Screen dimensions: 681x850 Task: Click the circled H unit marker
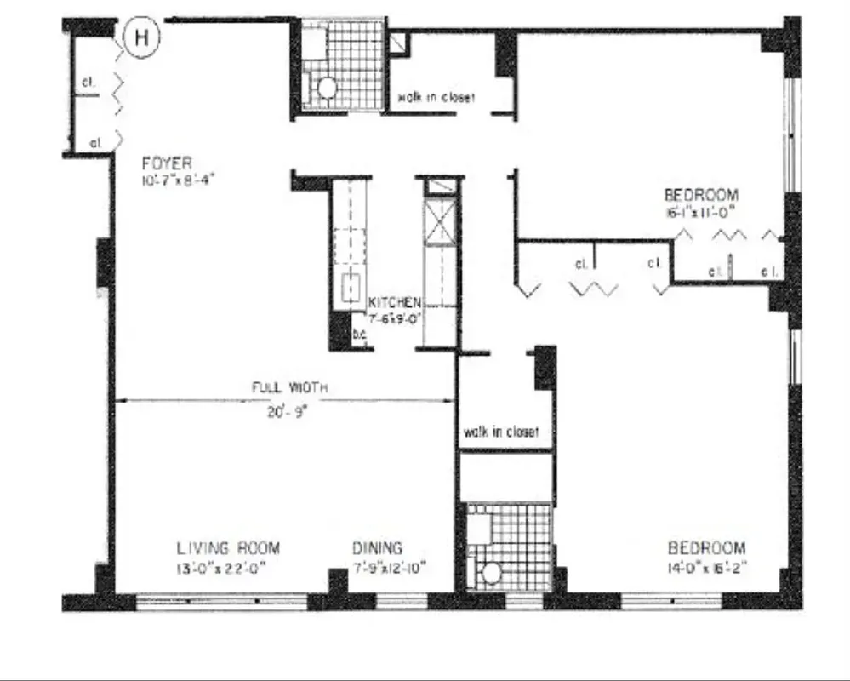pyautogui.click(x=142, y=37)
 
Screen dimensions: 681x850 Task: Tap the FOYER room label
pyautogui.click(x=167, y=163)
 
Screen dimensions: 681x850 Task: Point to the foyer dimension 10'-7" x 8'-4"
pyautogui.click(x=174, y=180)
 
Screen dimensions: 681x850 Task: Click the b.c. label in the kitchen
pyautogui.click(x=359, y=335)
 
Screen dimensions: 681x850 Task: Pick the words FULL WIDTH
pyautogui.click(x=289, y=387)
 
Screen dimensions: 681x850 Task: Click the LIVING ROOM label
pyautogui.click(x=228, y=548)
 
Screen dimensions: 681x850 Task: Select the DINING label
pyautogui.click(x=378, y=548)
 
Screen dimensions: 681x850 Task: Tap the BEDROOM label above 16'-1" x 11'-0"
pyautogui.click(x=701, y=194)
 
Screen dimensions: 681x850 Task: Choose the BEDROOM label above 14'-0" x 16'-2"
pyautogui.click(x=706, y=548)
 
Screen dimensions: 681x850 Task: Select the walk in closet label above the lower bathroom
pyautogui.click(x=501, y=432)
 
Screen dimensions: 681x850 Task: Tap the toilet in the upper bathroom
pyautogui.click(x=326, y=88)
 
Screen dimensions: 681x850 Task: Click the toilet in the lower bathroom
pyautogui.click(x=491, y=573)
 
